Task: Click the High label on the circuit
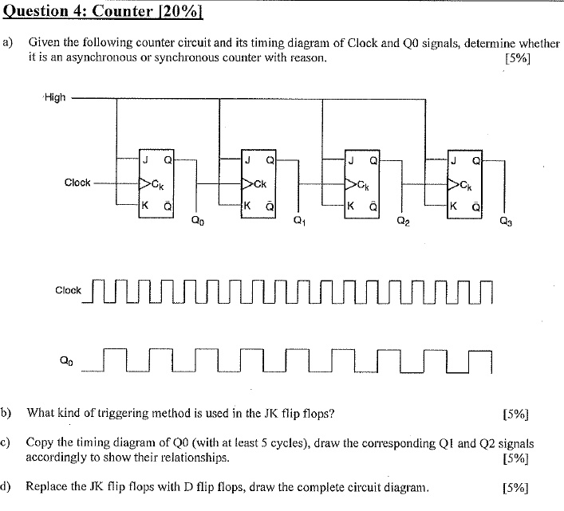pyautogui.click(x=55, y=98)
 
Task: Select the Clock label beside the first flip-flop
pyautogui.click(x=77, y=183)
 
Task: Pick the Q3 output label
pyautogui.click(x=506, y=222)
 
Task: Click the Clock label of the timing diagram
pyautogui.click(x=68, y=290)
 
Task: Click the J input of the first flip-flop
pyautogui.click(x=145, y=159)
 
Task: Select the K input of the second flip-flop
pyautogui.click(x=248, y=205)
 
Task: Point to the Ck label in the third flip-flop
pyautogui.click(x=363, y=184)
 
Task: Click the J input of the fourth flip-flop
pyautogui.click(x=453, y=159)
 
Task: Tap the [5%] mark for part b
pyautogui.click(x=517, y=414)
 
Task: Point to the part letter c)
pyautogui.click(x=7, y=442)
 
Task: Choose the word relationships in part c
pyautogui.click(x=196, y=458)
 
